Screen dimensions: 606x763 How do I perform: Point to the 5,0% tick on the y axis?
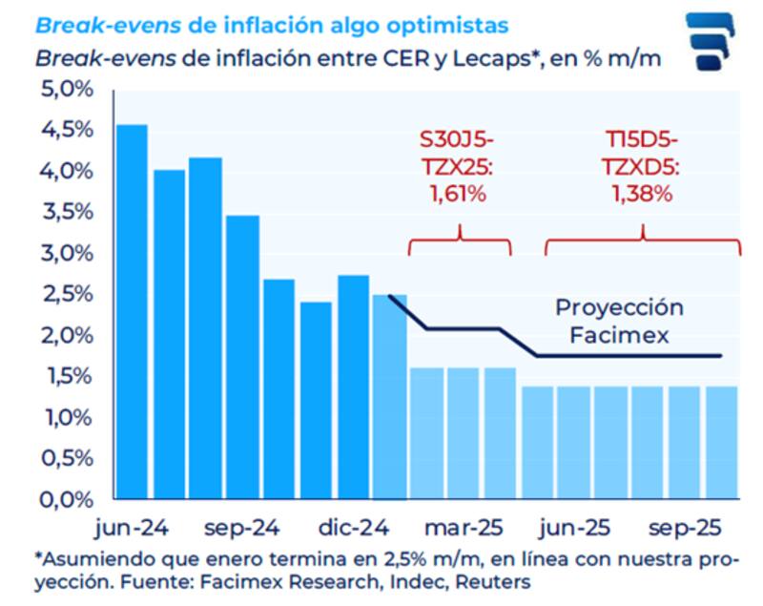tap(68, 89)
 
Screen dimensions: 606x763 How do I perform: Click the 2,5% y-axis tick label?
tap(68, 294)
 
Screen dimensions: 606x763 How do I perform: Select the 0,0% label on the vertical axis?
tap(68, 499)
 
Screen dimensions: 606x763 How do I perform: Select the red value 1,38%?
tap(643, 194)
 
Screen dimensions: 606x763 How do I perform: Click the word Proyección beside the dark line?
tap(620, 308)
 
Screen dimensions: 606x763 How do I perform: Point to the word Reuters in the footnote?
tap(494, 580)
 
